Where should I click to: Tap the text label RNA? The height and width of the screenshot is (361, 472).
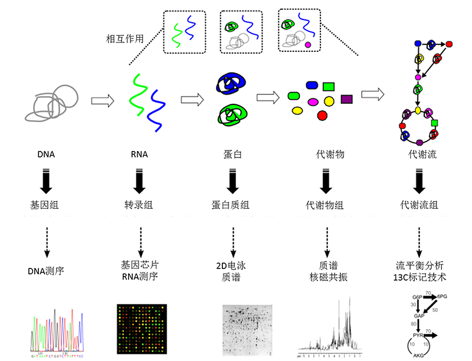139,156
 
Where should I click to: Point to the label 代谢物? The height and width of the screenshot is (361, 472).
324,156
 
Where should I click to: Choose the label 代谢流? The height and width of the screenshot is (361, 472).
418,156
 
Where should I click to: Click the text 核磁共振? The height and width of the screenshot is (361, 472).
325,277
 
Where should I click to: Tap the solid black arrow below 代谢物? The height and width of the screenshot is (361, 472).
325,181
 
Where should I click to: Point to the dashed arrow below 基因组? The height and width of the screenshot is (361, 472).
47,238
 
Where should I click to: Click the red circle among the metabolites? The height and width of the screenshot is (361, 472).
322,116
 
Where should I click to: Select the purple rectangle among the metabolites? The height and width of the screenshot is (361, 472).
346,98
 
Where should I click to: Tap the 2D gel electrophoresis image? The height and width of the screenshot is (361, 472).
248,328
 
